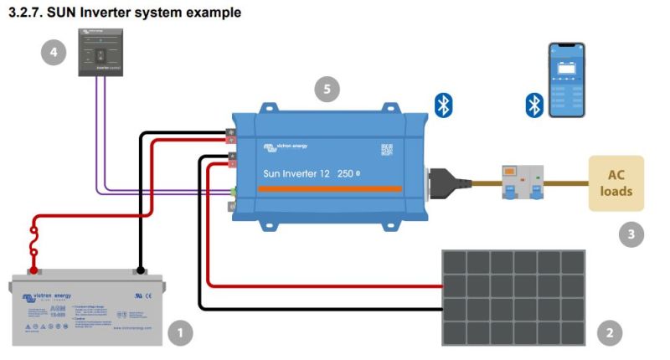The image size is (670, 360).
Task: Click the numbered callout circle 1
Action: click(x=180, y=333)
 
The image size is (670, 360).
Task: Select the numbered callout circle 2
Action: click(x=610, y=333)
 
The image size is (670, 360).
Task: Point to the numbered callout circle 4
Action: click(x=54, y=53)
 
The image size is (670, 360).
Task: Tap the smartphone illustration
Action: click(x=566, y=80)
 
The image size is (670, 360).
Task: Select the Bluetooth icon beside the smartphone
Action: click(x=534, y=105)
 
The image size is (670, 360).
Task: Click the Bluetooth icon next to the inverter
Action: click(x=443, y=105)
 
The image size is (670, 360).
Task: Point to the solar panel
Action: click(x=513, y=297)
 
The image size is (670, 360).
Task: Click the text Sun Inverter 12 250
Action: click(x=309, y=173)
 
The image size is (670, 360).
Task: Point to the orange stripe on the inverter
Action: click(x=334, y=190)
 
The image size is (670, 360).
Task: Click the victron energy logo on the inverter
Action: click(x=286, y=147)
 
